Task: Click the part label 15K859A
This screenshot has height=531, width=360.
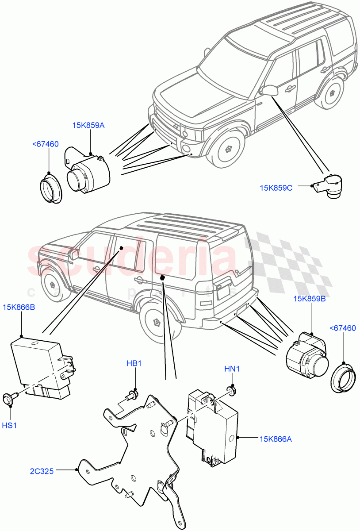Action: pyautogui.click(x=88, y=125)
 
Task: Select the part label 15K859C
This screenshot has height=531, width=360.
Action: pyautogui.click(x=276, y=188)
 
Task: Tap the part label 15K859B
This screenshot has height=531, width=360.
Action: pyautogui.click(x=310, y=299)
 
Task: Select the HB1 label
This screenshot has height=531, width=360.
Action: pyautogui.click(x=134, y=363)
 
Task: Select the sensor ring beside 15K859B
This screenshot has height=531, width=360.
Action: pyautogui.click(x=343, y=377)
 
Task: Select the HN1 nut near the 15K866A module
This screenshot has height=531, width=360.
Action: pyautogui.click(x=231, y=389)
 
